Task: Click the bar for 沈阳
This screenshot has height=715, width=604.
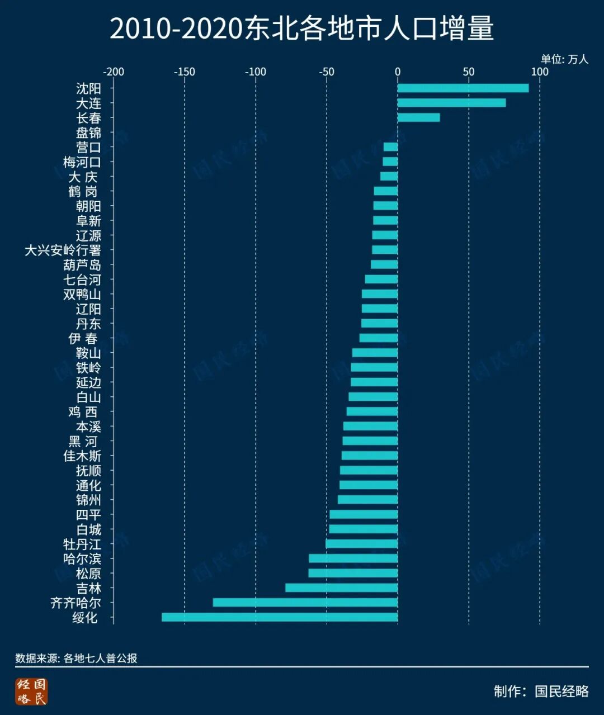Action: pos(463,88)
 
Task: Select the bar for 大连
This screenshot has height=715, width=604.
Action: pos(451,103)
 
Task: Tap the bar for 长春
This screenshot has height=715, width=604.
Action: pos(418,117)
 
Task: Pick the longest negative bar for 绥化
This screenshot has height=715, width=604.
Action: pos(280,617)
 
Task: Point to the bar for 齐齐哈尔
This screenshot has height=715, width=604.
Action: pos(305,603)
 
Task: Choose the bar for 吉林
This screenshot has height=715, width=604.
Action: pos(341,588)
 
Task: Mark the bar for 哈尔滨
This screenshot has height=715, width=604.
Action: pos(353,558)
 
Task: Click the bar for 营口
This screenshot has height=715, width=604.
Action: pos(390,147)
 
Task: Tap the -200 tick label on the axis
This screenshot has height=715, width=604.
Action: pos(114,72)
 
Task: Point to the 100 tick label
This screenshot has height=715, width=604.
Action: pos(540,72)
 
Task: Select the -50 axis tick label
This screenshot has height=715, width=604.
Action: pos(327,72)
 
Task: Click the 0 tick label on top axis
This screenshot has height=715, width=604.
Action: pos(398,72)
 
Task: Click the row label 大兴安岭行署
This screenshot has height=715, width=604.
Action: pos(63,250)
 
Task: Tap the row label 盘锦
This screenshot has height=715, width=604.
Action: pos(88,132)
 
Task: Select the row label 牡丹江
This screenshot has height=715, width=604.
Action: pos(82,544)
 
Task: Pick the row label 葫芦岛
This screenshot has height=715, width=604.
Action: pos(82,265)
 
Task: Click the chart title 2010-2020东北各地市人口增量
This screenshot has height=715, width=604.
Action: pos(301,29)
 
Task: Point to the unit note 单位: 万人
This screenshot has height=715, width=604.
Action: pos(564,59)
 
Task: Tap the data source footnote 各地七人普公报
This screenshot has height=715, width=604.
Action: pos(100,658)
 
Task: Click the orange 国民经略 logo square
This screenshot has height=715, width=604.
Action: pos(32,692)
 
